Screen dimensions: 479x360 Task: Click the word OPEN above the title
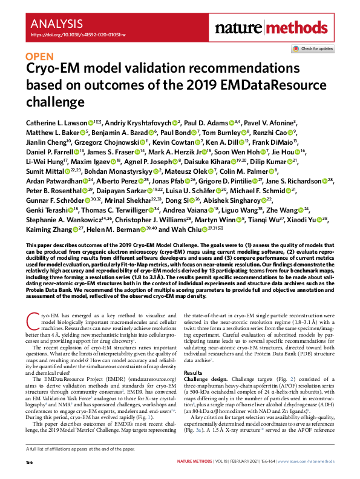[x=40, y=58]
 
